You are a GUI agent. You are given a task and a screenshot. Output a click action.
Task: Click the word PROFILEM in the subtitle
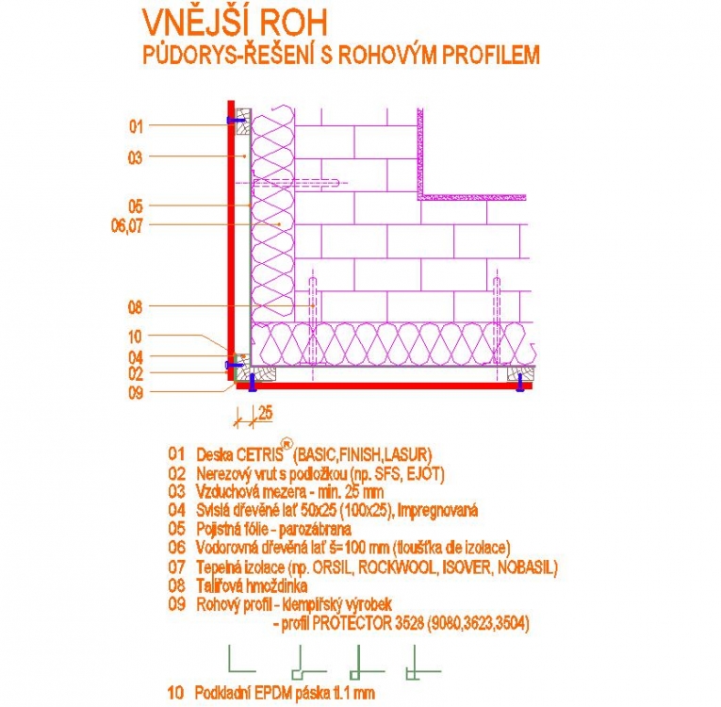(x=491, y=55)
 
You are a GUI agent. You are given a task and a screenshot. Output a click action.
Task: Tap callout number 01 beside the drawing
(x=136, y=125)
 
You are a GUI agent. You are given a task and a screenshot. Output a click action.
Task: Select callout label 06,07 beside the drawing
(x=127, y=226)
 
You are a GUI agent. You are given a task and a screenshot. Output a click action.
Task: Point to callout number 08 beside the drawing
(x=135, y=306)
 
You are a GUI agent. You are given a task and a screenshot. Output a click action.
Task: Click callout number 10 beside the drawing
(x=135, y=337)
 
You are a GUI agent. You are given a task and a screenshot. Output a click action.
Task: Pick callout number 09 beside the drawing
(x=135, y=393)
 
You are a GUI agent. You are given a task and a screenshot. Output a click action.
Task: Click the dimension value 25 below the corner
(x=266, y=413)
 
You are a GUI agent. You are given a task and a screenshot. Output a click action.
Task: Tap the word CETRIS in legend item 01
(x=260, y=455)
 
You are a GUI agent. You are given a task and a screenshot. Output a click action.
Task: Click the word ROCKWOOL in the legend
(x=397, y=567)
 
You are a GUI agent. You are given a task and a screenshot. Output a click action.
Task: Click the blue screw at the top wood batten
(x=237, y=121)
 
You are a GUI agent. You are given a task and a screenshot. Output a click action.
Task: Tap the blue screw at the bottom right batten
(x=519, y=383)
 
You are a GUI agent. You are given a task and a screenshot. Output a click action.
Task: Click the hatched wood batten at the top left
(x=243, y=122)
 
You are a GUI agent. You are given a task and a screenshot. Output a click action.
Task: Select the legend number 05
(x=176, y=529)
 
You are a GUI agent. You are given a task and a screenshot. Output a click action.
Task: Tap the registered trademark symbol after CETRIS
(x=287, y=443)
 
